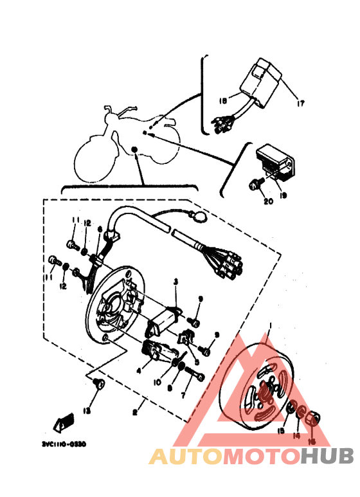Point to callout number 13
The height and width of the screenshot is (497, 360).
(x=86, y=410)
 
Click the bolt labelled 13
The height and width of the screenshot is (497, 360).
(x=98, y=385)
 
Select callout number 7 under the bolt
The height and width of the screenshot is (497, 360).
(x=182, y=396)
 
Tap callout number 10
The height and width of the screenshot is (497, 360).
(x=156, y=382)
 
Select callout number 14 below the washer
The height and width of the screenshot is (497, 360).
(x=297, y=436)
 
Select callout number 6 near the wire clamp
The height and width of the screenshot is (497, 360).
(x=100, y=229)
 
